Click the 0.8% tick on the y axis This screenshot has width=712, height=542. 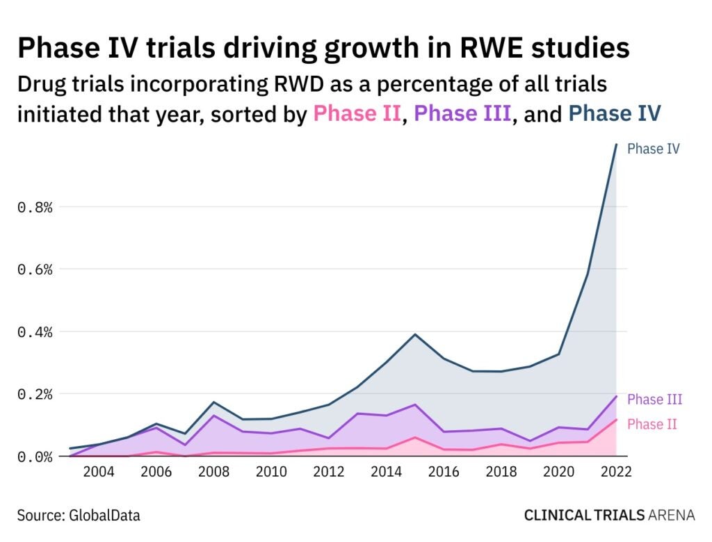(x=35, y=207)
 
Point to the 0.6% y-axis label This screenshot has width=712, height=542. (x=35, y=270)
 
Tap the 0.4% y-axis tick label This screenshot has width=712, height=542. (x=35, y=332)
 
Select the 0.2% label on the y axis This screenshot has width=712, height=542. (x=35, y=394)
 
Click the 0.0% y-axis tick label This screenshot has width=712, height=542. (x=35, y=457)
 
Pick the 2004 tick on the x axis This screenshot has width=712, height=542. (x=99, y=473)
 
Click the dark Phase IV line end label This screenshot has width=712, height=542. (x=653, y=149)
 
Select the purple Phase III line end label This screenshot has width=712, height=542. (x=654, y=400)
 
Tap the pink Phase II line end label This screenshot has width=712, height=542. (x=652, y=424)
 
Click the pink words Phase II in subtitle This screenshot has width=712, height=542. (x=357, y=113)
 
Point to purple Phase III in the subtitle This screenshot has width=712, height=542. (x=463, y=113)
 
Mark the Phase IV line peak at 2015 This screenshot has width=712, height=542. (x=415, y=334)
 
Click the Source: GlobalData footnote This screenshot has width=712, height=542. (x=79, y=516)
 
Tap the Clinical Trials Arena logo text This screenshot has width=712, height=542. (x=609, y=516)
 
